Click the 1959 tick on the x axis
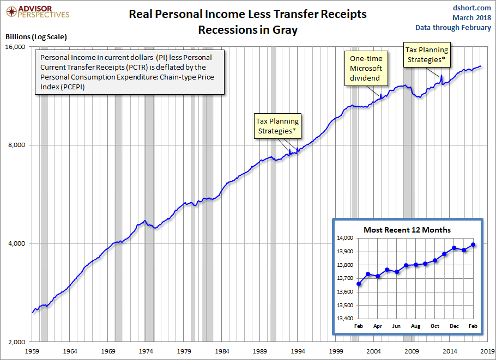32,351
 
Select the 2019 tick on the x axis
487,351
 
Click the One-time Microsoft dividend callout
366,68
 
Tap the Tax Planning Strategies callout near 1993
278,126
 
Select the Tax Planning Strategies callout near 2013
427,54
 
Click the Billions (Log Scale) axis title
36,37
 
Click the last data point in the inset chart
473,245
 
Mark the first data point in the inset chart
359,284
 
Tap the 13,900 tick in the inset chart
344,252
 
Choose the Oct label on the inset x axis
435,326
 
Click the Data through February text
453,28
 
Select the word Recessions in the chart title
223,30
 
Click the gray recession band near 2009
408,191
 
